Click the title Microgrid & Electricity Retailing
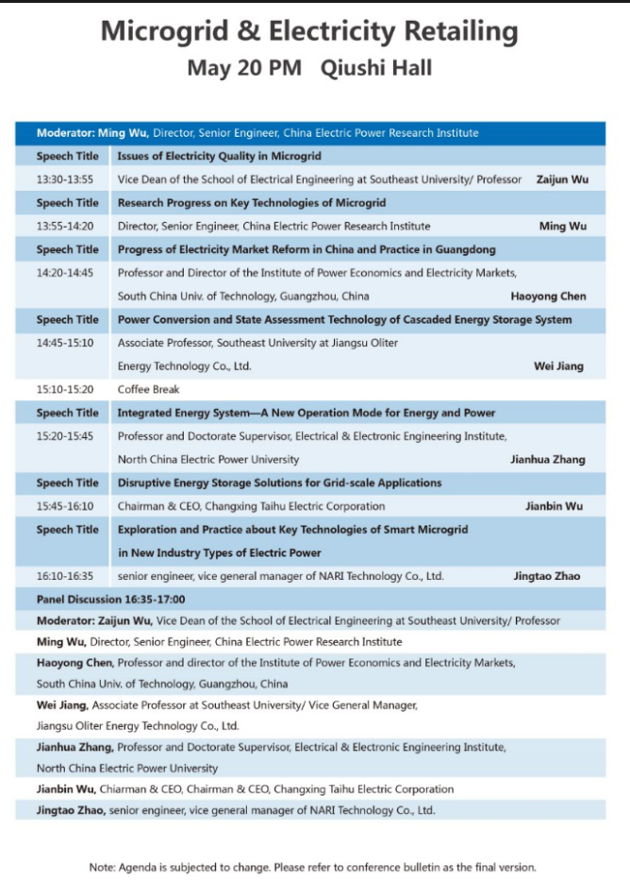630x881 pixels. tap(309, 31)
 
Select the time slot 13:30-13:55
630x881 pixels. tap(65, 179)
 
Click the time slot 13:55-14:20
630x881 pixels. tap(65, 226)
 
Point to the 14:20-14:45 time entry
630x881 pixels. tap(65, 272)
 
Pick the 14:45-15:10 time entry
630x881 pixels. tap(65, 342)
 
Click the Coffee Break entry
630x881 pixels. tap(148, 389)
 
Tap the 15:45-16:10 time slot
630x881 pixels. tap(65, 506)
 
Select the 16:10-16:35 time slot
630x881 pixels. tap(65, 576)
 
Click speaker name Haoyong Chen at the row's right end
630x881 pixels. tap(548, 296)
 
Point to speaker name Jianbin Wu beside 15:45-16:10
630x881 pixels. tap(554, 506)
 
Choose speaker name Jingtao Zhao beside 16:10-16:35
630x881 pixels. tap(546, 576)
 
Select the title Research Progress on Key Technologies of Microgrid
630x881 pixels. tap(251, 202)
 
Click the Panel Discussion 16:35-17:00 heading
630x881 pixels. tap(110, 599)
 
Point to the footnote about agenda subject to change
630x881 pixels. tap(312, 867)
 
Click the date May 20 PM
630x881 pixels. tap(243, 68)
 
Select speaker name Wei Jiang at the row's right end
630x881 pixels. tap(559, 365)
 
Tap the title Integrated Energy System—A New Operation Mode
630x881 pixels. tap(306, 413)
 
